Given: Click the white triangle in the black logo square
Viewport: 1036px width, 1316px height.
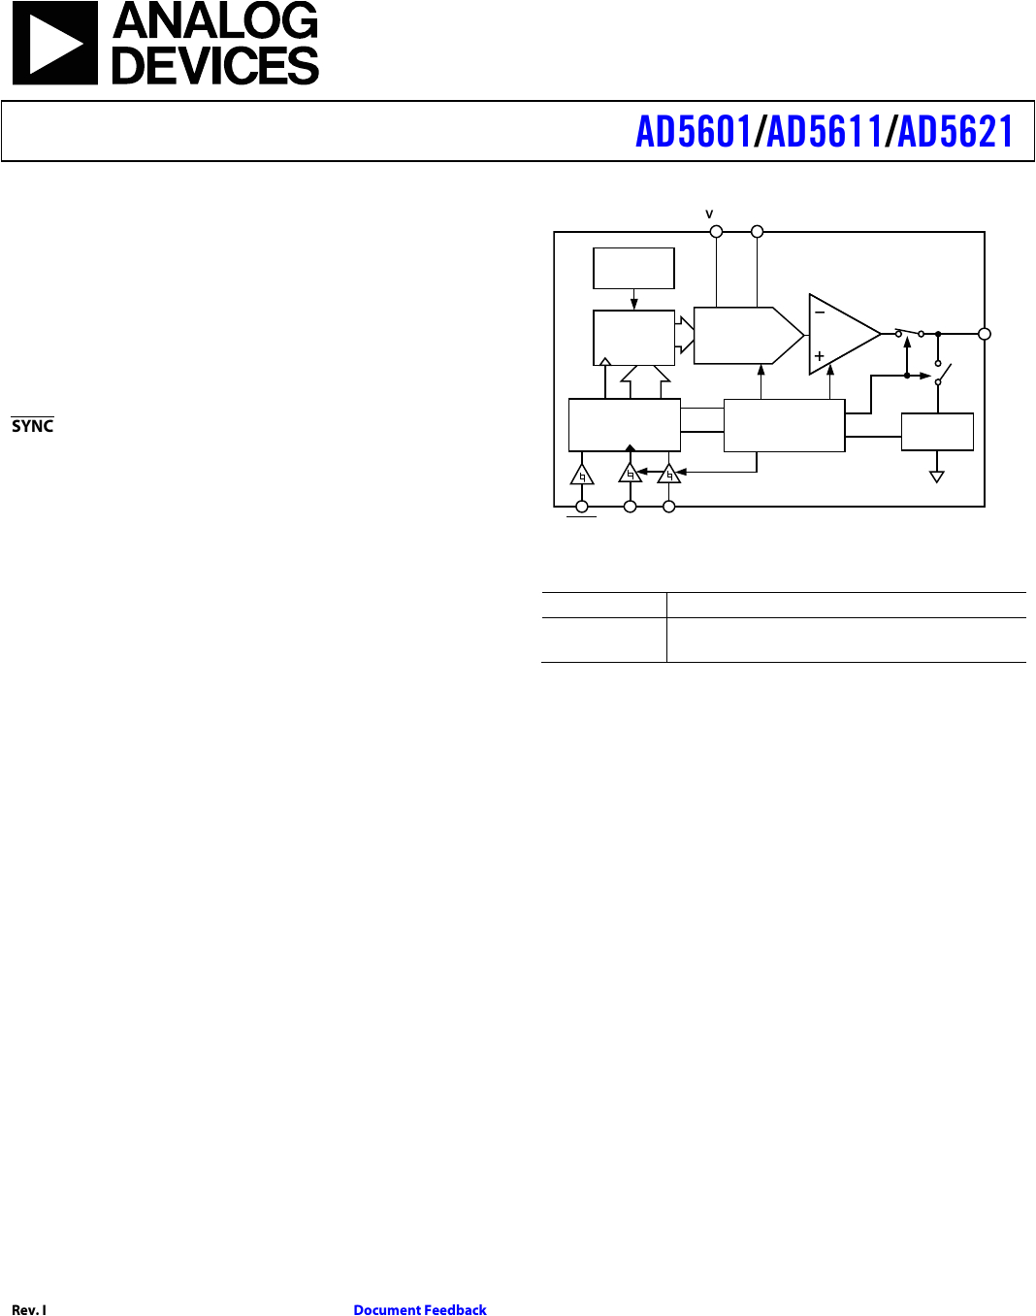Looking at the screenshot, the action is point(54,45).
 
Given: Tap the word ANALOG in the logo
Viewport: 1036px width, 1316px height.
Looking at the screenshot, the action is point(215,21).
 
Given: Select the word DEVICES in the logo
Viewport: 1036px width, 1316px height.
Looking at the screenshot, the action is point(215,66).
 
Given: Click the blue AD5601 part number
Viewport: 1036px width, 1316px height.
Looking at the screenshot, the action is point(694,132).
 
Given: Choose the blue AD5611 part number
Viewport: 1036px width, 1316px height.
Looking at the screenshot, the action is point(825,132).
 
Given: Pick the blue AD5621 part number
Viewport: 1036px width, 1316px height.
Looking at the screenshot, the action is point(955,132).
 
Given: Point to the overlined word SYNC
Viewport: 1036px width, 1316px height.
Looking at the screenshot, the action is point(32,426).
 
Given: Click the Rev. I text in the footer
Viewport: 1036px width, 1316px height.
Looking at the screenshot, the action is point(29,1310).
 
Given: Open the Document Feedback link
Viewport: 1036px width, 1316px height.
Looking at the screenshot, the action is point(420,1310).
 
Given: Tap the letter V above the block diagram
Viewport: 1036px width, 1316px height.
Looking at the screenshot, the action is point(709,214).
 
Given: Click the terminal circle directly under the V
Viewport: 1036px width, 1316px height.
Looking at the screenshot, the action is point(717,231).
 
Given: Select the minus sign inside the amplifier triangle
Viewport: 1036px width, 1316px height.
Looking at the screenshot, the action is point(820,313).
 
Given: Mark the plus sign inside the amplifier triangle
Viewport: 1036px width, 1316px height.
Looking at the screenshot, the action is point(820,356).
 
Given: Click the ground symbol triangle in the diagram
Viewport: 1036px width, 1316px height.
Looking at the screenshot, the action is point(937,476).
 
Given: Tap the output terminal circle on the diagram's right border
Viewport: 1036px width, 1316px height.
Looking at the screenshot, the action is point(985,334).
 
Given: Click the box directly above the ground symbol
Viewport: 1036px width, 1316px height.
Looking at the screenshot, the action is point(937,432).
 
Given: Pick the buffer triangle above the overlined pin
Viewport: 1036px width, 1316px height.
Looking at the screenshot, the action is point(582,475).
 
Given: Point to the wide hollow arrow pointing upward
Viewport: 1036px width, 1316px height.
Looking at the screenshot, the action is point(645,380).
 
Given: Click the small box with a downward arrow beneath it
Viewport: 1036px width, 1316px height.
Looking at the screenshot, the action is point(633,268).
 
